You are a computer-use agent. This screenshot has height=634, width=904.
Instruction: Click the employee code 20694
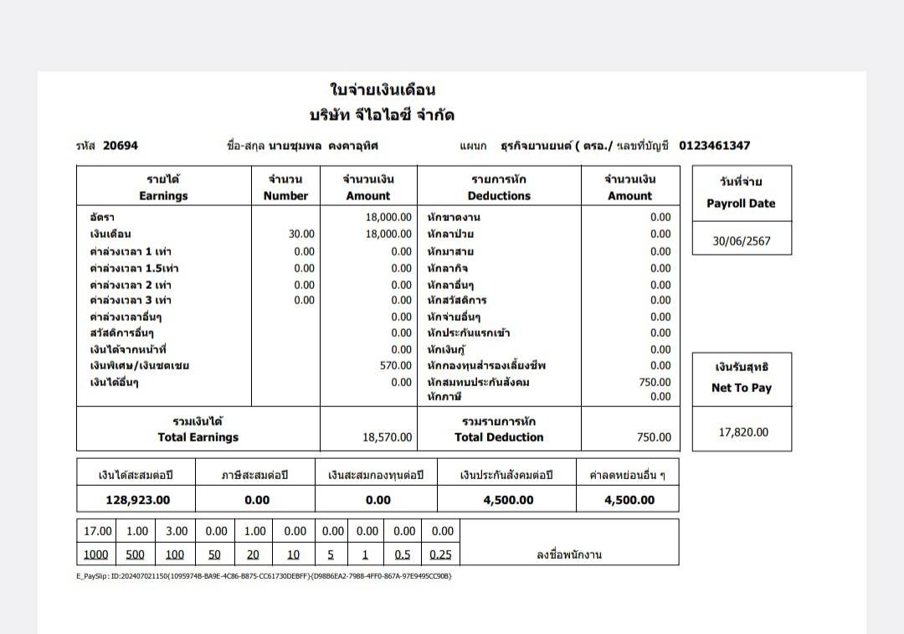pyautogui.click(x=121, y=146)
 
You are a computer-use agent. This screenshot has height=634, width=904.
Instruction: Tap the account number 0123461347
pyautogui.click(x=714, y=146)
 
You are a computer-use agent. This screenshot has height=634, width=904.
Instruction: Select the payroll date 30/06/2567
pyautogui.click(x=741, y=241)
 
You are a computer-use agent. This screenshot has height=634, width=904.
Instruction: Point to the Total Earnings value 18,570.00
pyautogui.click(x=387, y=437)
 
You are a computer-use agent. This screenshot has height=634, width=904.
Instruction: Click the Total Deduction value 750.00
pyautogui.click(x=653, y=437)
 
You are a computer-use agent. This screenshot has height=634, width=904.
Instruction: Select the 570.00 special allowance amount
pyautogui.click(x=395, y=365)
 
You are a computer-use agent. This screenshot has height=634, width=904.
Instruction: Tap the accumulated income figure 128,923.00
pyautogui.click(x=137, y=500)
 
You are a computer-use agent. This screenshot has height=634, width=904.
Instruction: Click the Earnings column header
pyautogui.click(x=163, y=196)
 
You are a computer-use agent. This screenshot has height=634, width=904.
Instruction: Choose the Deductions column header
pyautogui.click(x=499, y=196)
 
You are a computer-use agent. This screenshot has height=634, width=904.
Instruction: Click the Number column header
pyautogui.click(x=285, y=196)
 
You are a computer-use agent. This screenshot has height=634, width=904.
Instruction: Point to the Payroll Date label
pyautogui.click(x=741, y=204)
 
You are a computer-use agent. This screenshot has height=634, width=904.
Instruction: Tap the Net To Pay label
pyautogui.click(x=741, y=388)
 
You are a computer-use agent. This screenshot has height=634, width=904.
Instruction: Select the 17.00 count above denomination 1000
pyautogui.click(x=97, y=531)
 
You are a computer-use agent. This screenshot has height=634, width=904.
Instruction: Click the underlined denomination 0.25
pyautogui.click(x=440, y=554)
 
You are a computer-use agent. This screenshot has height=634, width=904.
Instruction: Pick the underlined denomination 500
pyautogui.click(x=136, y=554)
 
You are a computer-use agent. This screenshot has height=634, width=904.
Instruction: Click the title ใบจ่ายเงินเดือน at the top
pyautogui.click(x=383, y=90)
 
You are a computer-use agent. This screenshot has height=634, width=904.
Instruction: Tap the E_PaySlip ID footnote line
pyautogui.click(x=264, y=576)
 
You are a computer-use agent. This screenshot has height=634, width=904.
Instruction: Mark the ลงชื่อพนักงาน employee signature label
pyautogui.click(x=569, y=554)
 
